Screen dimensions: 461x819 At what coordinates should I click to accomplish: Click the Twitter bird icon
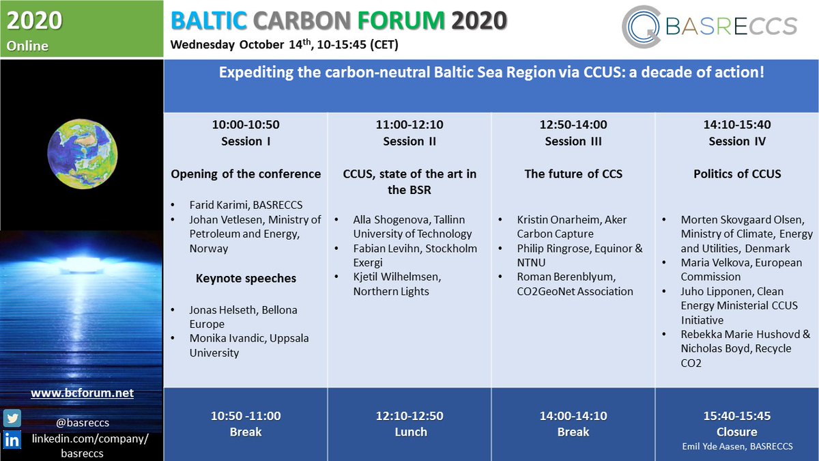coord(12,417)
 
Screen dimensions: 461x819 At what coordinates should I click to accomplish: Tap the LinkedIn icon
coord(12,440)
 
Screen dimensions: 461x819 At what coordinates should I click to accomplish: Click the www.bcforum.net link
coord(82,393)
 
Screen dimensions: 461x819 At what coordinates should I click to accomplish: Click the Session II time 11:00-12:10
coord(409,125)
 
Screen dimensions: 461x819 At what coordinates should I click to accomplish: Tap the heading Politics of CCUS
coord(737,174)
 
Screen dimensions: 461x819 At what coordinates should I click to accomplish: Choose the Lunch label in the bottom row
coord(409,432)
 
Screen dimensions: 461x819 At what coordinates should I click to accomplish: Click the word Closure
coord(737,432)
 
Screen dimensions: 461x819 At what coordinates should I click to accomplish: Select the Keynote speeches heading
coord(246,279)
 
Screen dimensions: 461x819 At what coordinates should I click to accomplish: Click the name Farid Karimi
coord(218,205)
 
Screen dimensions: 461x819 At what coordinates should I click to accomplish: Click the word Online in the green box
coord(28,46)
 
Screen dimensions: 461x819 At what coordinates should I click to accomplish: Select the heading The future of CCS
coord(573,174)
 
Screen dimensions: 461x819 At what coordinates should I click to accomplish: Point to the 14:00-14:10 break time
coord(573,416)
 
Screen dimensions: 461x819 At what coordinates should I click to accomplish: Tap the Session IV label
coord(737,141)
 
